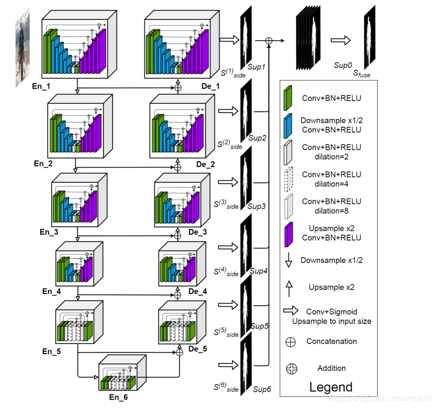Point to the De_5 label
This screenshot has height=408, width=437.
click(x=198, y=348)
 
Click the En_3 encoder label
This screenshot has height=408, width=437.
click(x=51, y=231)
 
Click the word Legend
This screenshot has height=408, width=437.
click(x=331, y=388)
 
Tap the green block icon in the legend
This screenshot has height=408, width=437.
click(x=288, y=98)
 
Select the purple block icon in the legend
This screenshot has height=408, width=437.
click(x=288, y=233)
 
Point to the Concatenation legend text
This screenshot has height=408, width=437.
click(x=331, y=341)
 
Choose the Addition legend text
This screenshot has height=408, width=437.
click(x=331, y=368)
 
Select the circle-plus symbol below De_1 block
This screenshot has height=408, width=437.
click(x=177, y=88)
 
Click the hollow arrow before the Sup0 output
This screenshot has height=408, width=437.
click(x=341, y=40)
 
